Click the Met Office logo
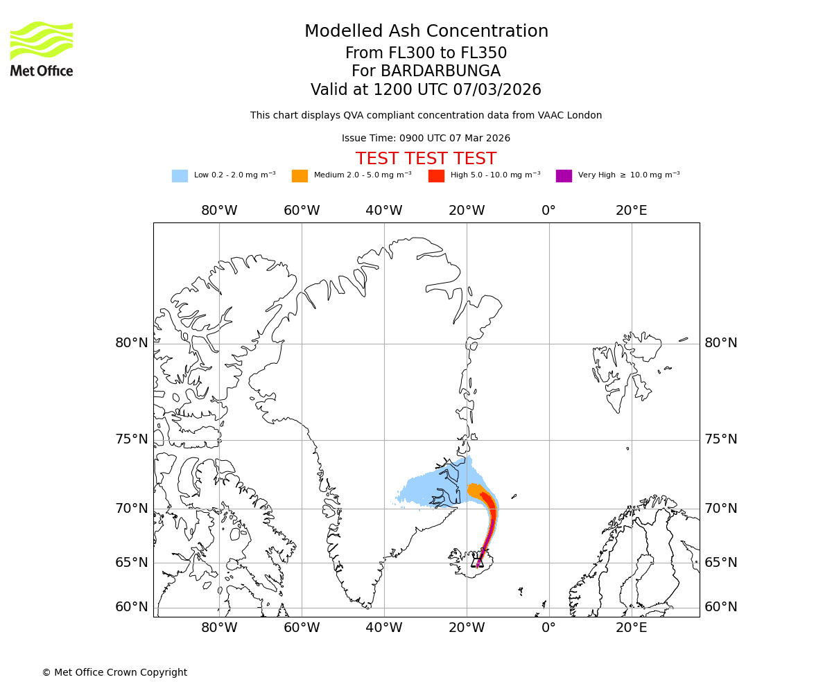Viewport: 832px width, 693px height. [x=42, y=49]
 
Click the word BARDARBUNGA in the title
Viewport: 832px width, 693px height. [x=426, y=71]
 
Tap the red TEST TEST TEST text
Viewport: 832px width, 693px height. [x=426, y=159]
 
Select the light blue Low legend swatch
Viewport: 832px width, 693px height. [x=180, y=176]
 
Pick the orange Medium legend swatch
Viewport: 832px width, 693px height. [x=300, y=176]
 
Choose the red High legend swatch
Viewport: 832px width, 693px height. [x=436, y=176]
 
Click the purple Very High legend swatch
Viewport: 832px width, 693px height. [x=564, y=176]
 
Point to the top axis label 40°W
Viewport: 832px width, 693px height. [x=384, y=211]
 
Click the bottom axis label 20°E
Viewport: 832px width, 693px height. [x=631, y=628]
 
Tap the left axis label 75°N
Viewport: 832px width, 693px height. [x=132, y=439]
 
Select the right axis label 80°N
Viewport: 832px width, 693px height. [x=721, y=343]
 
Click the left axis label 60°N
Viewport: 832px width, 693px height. [x=132, y=607]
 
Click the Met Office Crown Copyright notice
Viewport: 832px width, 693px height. [x=114, y=672]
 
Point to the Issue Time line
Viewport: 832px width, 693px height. [x=426, y=138]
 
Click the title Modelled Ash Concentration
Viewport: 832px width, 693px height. [x=426, y=31]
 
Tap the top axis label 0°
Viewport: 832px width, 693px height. [x=548, y=211]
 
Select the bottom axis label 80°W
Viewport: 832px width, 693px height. [x=219, y=628]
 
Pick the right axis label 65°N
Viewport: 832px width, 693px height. [x=721, y=563]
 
